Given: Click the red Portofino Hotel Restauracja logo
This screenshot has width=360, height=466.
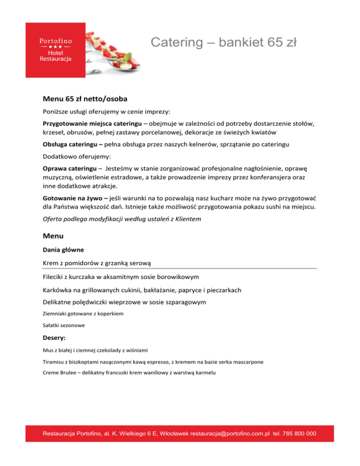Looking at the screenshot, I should (x=55, y=50).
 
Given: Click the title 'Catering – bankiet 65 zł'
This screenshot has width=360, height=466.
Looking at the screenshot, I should (x=224, y=43).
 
